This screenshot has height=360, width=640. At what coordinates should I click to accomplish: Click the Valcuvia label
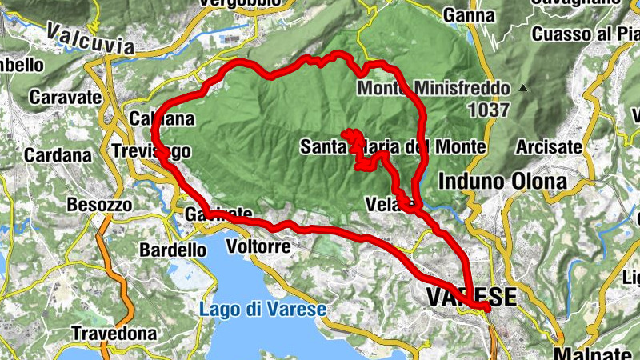point(90,38)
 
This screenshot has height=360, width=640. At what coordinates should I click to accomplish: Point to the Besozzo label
point(99,205)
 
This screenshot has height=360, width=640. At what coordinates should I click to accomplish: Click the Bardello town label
point(172,250)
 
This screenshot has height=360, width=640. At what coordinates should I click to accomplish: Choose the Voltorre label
point(258,246)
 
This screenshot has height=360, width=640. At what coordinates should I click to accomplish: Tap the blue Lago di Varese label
point(262,310)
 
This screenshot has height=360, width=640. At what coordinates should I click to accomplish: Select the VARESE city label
point(470,298)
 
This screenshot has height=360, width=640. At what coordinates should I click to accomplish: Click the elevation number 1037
point(489,109)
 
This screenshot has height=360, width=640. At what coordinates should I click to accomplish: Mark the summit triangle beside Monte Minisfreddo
point(524,87)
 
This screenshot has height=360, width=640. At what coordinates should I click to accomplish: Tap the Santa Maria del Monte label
point(393,146)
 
